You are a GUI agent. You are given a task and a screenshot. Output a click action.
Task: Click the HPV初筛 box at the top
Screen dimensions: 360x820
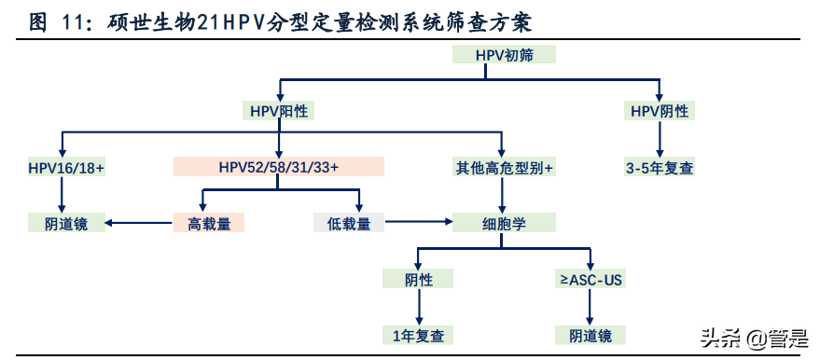click(x=504, y=54)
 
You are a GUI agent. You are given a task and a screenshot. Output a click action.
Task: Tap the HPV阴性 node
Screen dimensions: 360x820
click(x=660, y=111)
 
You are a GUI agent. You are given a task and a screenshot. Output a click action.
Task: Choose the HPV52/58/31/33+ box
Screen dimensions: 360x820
click(x=279, y=167)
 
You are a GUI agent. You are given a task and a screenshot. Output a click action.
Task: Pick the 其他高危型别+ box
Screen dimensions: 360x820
click(x=504, y=167)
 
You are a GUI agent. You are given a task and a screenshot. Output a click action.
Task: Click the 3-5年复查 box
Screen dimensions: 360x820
click(x=660, y=167)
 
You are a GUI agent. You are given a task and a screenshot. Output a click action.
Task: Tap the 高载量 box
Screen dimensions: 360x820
click(x=208, y=223)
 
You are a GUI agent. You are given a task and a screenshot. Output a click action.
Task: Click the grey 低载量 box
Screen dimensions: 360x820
click(x=349, y=223)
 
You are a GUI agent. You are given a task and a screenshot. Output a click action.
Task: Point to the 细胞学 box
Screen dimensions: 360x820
click(x=504, y=223)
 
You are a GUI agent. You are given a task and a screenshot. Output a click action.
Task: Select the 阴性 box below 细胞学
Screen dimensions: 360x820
click(x=418, y=279)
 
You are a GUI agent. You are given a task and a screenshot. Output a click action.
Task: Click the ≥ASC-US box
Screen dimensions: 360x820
click(x=591, y=279)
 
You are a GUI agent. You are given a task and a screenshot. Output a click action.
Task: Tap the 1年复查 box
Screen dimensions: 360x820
click(x=418, y=335)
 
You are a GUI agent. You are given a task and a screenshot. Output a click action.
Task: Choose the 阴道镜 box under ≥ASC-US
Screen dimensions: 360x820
click(x=591, y=335)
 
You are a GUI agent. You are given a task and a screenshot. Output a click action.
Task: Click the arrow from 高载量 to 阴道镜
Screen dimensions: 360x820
click(x=137, y=223)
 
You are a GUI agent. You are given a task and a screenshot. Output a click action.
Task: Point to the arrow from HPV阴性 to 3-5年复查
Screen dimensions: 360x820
click(x=660, y=138)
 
